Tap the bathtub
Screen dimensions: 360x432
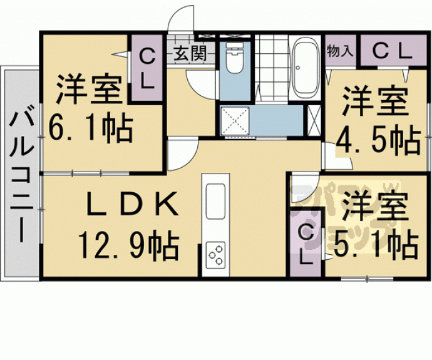point(305,69)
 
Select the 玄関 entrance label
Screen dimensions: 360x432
point(190,53)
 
